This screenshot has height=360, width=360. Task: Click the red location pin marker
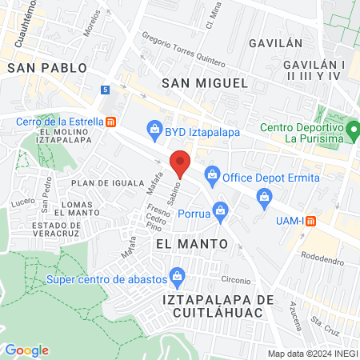click(181, 163)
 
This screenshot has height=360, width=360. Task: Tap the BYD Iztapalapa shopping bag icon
click(154, 128)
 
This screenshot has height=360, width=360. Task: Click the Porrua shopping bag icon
click(222, 210)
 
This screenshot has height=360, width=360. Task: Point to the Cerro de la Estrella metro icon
click(110, 122)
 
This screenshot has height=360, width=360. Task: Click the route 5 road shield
click(106, 90)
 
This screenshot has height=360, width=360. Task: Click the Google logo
click(26, 350)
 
